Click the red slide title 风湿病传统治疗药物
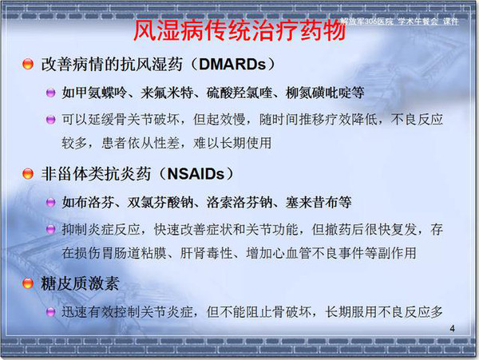[239, 31]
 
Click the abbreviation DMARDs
[232, 65]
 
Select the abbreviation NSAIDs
[196, 174]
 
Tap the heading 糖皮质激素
[80, 283]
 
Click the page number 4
[452, 329]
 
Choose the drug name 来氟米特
[167, 93]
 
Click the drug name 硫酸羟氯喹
[239, 93]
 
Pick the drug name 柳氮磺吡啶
[318, 93]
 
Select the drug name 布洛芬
[95, 203]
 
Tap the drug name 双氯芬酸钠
[160, 203]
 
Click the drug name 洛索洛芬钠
[239, 203]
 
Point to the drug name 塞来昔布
[311, 203]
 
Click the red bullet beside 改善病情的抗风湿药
[28, 64]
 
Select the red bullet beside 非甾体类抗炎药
[28, 174]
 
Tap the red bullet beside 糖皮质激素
[28, 283]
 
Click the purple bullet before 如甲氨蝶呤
[51, 93]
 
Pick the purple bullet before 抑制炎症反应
[51, 229]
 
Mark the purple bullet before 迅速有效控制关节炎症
[51, 312]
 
